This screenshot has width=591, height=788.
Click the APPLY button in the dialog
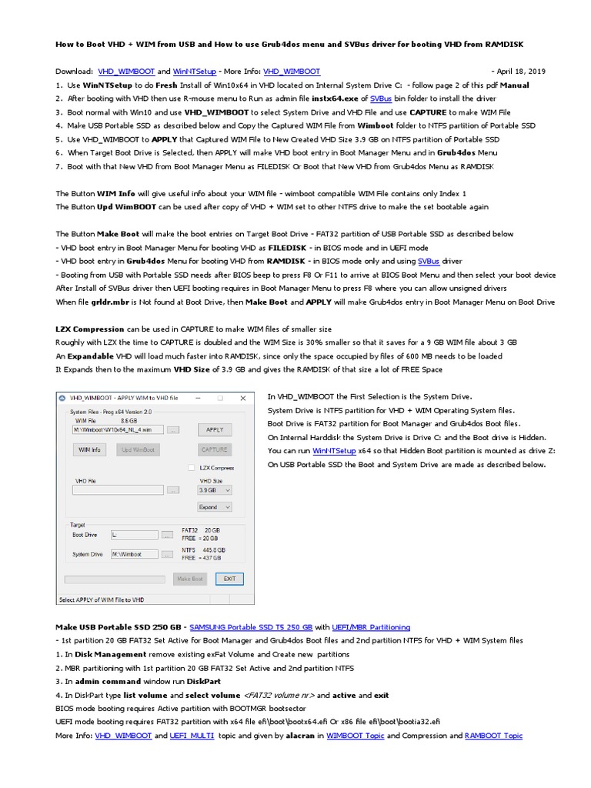coord(215,429)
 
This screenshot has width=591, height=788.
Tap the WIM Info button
coord(90,449)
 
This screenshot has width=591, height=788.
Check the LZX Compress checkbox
coord(192,468)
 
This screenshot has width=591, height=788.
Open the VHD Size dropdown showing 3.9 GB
coord(215,489)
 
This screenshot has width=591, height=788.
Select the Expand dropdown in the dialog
coord(215,507)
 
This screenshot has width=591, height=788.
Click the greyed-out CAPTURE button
coord(215,449)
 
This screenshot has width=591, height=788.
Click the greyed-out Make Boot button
coord(190,578)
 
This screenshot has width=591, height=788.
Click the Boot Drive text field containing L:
coord(135,534)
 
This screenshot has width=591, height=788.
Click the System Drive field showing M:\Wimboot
coord(135,553)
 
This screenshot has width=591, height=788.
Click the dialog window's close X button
coord(244,398)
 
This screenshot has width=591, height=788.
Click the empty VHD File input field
coord(119,489)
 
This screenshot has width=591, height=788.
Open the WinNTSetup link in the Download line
coord(194,70)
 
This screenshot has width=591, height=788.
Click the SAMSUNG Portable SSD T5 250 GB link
coord(251,627)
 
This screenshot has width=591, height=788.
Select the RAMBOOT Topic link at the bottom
coord(493,736)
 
